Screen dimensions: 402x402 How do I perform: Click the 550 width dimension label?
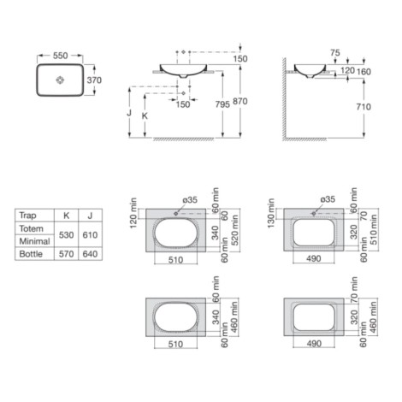coord(61,56)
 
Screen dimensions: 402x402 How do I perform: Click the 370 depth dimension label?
coord(94,80)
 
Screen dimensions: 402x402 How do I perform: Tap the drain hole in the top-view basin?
coord(60,80)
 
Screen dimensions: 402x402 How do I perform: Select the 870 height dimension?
coord(240,101)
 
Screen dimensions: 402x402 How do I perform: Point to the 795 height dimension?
coord(222,104)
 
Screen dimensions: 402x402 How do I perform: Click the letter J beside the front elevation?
coord(129,113)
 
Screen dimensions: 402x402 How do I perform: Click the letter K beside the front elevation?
coord(145,115)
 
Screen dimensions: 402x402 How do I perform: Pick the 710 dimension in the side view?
coord(364,107)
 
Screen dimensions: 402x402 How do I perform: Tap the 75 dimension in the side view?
coord(335,53)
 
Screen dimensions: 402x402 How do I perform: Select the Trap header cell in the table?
coord(28,216)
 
